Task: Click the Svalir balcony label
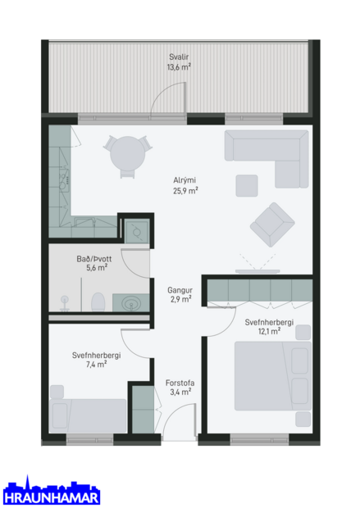pyautogui.click(x=178, y=57)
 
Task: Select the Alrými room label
pyautogui.click(x=184, y=181)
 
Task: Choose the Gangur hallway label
pyautogui.click(x=180, y=289)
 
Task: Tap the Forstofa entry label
pyautogui.click(x=179, y=383)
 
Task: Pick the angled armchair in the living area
pyautogui.click(x=272, y=223)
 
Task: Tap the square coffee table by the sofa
pyautogui.click(x=247, y=185)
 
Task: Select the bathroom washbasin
pyautogui.click(x=131, y=304)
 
